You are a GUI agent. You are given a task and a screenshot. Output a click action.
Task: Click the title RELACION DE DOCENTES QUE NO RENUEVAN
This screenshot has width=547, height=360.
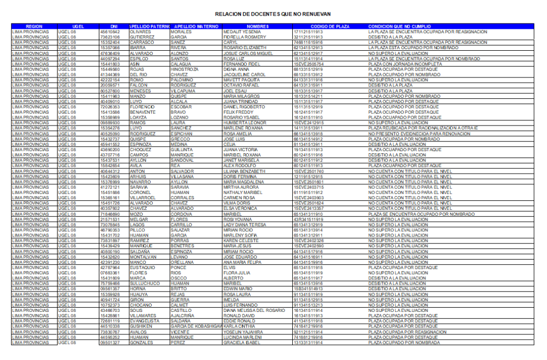(x=273, y=14)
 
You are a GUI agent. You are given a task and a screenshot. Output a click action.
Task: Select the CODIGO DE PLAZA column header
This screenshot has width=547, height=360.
(x=330, y=26)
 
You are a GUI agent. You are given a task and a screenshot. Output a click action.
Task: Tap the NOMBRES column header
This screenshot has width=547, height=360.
(x=257, y=26)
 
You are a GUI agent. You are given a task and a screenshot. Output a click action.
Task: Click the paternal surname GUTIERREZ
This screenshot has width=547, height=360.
(x=142, y=37)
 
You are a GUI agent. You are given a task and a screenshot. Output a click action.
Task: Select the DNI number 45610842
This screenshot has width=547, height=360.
(x=111, y=32)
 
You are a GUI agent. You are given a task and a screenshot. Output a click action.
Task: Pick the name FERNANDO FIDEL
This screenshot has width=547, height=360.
(x=242, y=64)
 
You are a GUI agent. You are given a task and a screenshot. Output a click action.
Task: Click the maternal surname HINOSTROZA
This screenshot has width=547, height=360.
(x=184, y=69)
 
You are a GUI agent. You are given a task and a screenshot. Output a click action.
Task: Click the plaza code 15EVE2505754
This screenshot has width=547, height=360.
(x=309, y=64)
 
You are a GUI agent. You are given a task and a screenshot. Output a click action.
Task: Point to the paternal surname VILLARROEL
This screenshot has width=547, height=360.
(x=143, y=197)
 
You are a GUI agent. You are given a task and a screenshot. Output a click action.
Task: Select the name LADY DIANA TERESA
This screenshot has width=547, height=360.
(x=248, y=224)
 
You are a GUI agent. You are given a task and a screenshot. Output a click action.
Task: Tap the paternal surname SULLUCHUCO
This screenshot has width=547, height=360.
(x=145, y=283)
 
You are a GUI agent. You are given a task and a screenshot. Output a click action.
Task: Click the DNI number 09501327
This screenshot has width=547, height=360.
(x=111, y=342)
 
